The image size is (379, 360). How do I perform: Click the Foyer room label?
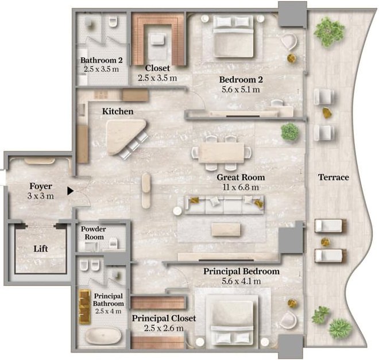(x=41, y=186)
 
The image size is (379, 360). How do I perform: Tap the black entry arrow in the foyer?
(x=70, y=191)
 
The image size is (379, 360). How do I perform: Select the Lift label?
(x=41, y=249)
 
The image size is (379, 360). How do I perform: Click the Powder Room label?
(x=94, y=233)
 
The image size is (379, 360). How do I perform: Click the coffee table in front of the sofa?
(x=226, y=229)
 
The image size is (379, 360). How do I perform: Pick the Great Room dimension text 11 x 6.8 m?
(x=241, y=187)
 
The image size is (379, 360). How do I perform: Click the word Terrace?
(x=334, y=177)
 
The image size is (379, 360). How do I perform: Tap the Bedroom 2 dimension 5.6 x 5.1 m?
(x=241, y=90)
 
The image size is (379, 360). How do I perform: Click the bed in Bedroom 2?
(x=233, y=36)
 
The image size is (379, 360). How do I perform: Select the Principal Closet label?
(x=164, y=318)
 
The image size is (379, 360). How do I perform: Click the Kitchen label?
(x=118, y=111)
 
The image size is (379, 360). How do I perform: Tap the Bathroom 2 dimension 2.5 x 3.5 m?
(x=101, y=69)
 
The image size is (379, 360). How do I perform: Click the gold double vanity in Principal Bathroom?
(x=84, y=307)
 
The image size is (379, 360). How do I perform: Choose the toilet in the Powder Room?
(x=113, y=243)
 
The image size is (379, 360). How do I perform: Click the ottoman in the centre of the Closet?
(x=158, y=40)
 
